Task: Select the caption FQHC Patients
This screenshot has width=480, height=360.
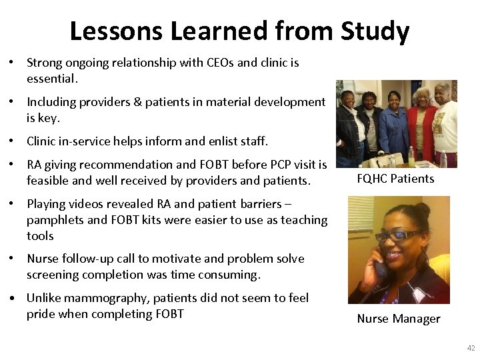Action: [x=395, y=179]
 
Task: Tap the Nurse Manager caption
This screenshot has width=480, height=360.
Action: [x=399, y=319]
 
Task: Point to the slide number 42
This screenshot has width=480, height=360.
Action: [x=471, y=348]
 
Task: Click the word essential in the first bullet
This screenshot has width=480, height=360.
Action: [x=51, y=79]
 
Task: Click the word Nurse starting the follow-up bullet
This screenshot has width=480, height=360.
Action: [x=43, y=259]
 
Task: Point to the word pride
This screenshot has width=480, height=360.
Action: [x=41, y=314]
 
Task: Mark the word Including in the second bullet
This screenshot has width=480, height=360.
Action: [x=51, y=102]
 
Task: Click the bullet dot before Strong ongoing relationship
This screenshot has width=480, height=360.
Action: [x=13, y=63]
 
